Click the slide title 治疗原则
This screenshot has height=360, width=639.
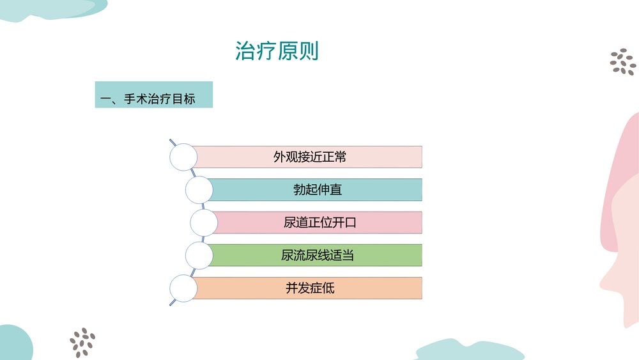[277, 51]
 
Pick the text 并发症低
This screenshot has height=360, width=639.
[310, 288]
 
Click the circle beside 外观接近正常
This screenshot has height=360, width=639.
[183, 157]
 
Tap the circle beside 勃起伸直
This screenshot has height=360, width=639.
[199, 190]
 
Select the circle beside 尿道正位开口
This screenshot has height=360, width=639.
[204, 223]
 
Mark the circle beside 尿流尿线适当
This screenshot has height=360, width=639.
[199, 255]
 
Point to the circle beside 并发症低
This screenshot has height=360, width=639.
[183, 288]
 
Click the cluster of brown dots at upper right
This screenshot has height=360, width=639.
[622, 62]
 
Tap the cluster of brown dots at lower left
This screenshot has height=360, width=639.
[82, 342]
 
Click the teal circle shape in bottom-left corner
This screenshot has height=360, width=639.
[13, 344]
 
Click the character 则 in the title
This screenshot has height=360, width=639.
[308, 51]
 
